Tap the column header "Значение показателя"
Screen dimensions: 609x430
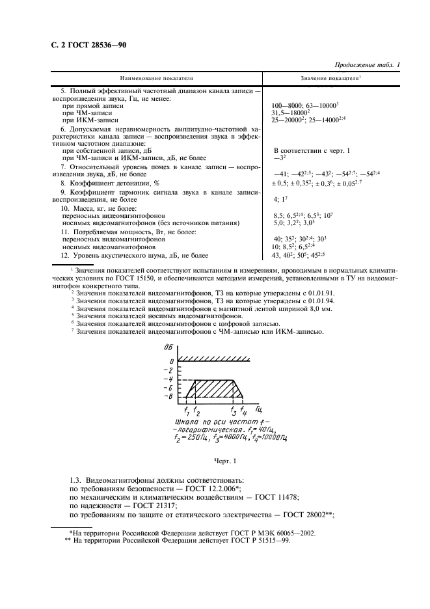coord(330,78)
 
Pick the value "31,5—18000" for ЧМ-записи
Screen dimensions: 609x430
coord(292,112)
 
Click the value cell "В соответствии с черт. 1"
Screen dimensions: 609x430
coord(312,150)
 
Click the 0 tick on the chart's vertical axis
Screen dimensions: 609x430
coord(173,360)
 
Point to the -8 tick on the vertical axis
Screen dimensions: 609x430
coord(170,396)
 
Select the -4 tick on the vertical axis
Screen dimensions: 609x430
coord(170,379)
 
